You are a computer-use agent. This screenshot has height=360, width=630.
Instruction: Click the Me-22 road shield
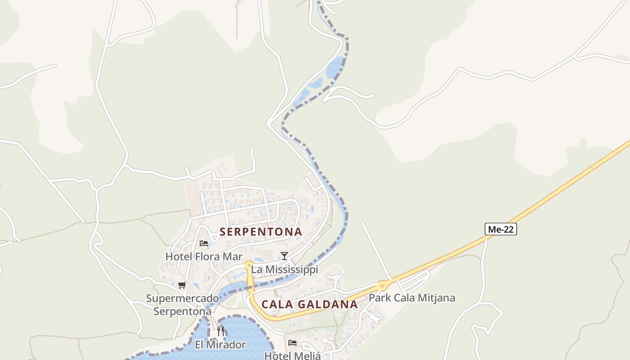pos(501,229)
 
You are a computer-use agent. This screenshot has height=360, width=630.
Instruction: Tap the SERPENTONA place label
pos(261,232)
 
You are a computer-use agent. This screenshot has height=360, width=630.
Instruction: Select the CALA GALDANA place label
pos(310,304)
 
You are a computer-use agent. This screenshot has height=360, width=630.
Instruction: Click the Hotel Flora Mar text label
pos(198,256)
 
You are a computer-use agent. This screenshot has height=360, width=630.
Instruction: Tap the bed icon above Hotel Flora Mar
pos(204,243)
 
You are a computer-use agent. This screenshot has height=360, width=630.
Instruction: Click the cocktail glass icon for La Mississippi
pos(284,256)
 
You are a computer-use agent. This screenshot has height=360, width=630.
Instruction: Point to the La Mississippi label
pos(284,270)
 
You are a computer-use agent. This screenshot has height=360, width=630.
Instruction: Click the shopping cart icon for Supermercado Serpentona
pos(182,285)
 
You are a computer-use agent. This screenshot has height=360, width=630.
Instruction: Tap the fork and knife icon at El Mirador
pos(220,331)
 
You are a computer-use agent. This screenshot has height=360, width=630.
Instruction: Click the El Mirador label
pos(220,345)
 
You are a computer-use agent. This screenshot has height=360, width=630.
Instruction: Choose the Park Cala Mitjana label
pos(412,298)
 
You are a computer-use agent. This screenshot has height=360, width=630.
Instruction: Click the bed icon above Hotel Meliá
pos(292,342)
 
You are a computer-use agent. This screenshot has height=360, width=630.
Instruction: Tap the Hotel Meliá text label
pos(292,355)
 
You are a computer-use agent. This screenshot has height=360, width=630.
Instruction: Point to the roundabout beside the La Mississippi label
pos(248,264)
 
